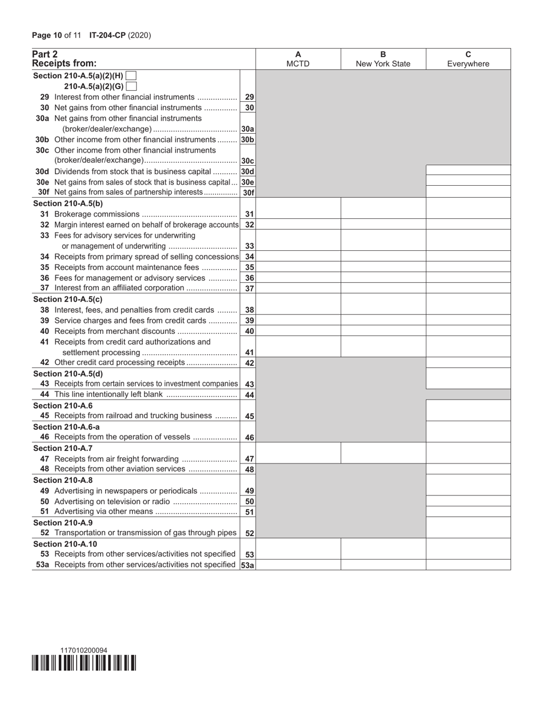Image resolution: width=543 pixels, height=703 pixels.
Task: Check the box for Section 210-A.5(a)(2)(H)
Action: coord(131,75)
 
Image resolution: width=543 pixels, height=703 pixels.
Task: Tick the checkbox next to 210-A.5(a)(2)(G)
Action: coord(131,86)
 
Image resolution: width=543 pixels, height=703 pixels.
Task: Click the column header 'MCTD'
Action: coord(298,64)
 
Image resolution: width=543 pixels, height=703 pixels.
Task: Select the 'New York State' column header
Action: coord(383,64)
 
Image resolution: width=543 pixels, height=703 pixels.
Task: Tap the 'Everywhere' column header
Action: coord(468,64)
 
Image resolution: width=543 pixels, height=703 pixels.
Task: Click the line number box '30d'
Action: coord(247,171)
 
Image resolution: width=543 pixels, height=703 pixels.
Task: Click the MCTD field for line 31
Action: coord(298,214)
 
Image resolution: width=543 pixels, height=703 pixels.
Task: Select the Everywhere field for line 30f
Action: coord(468,193)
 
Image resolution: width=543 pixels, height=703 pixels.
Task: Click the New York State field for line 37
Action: coord(383,288)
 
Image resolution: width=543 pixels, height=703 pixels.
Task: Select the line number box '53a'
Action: coord(247,565)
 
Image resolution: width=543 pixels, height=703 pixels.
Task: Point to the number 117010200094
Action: coord(84,650)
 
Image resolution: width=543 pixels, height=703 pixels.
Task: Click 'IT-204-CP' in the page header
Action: coord(107,35)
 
